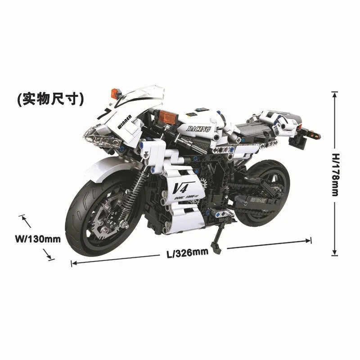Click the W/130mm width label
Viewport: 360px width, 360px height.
click(37, 239)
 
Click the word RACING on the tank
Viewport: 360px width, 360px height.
click(199, 129)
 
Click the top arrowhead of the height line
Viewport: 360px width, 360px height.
click(334, 93)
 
